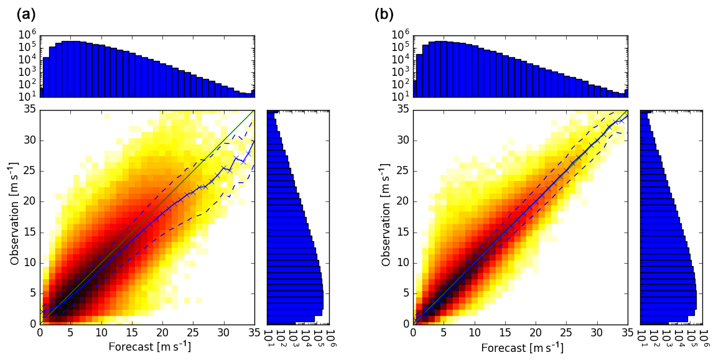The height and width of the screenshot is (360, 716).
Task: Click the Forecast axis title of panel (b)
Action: (522, 346)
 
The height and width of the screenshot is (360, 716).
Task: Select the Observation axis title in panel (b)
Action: (387, 215)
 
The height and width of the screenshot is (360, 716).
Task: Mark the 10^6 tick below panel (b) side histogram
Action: (704, 336)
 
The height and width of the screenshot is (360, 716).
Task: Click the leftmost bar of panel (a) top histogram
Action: (42, 92)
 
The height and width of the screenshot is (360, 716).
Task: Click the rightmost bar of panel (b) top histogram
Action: (626, 93)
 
